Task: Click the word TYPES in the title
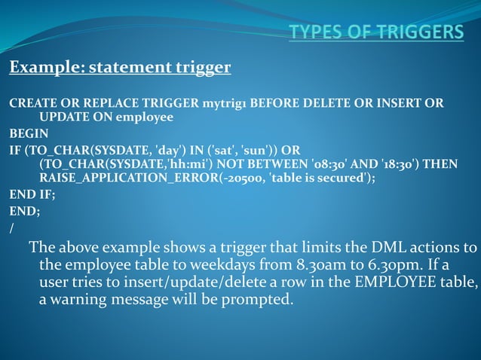pos(317,32)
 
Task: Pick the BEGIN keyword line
pos(29,133)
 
